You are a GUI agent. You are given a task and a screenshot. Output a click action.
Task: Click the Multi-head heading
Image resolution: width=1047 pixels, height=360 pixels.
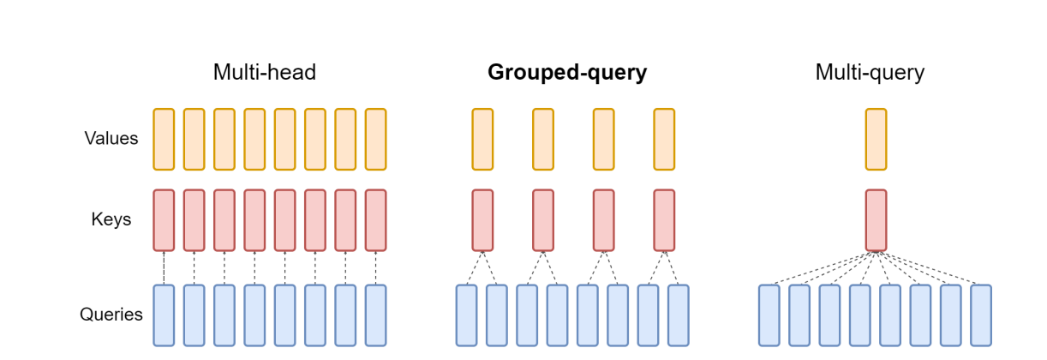(265, 73)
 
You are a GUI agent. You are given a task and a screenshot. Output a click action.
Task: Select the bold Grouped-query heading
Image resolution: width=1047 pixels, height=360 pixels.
(567, 73)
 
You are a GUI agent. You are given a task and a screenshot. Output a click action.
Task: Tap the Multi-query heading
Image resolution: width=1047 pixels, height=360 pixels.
(870, 73)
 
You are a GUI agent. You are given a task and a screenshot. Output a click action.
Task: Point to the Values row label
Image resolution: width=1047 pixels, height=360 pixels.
(111, 138)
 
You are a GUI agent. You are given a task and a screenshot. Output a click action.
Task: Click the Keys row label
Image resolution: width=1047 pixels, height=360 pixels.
(111, 219)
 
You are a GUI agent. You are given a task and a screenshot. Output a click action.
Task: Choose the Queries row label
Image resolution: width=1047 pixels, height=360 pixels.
(111, 315)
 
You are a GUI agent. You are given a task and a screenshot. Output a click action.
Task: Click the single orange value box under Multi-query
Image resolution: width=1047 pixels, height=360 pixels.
(876, 139)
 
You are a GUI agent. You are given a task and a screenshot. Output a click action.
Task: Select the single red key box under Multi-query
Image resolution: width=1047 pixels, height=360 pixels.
(876, 220)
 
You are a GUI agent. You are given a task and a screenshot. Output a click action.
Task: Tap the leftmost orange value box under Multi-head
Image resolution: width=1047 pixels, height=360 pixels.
(164, 139)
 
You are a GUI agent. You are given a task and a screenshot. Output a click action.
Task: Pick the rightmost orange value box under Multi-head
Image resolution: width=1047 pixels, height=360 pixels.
(375, 139)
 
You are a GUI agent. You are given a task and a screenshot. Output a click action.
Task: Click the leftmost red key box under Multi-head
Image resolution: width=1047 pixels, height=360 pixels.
(164, 220)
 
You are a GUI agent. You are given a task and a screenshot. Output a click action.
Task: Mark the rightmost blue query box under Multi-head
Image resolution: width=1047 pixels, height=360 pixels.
(375, 315)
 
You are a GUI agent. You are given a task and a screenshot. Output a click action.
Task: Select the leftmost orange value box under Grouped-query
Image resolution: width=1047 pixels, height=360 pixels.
(482, 139)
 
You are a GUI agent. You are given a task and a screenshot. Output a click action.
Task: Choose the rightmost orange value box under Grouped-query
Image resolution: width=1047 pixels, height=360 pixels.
(664, 139)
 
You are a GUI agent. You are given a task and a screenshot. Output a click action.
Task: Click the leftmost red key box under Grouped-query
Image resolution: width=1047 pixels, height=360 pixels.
(482, 220)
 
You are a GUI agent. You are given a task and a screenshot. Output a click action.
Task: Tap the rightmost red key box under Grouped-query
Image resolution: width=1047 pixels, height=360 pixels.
(664, 220)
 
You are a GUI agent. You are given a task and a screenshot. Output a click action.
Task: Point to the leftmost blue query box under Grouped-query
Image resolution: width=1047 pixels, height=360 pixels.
(466, 315)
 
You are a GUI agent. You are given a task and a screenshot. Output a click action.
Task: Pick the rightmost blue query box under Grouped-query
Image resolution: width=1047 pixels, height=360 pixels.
(679, 315)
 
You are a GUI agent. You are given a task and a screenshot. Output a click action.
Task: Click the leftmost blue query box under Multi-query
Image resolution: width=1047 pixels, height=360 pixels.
(769, 315)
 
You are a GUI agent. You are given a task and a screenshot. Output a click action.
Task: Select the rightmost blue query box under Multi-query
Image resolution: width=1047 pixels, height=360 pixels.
(981, 315)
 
